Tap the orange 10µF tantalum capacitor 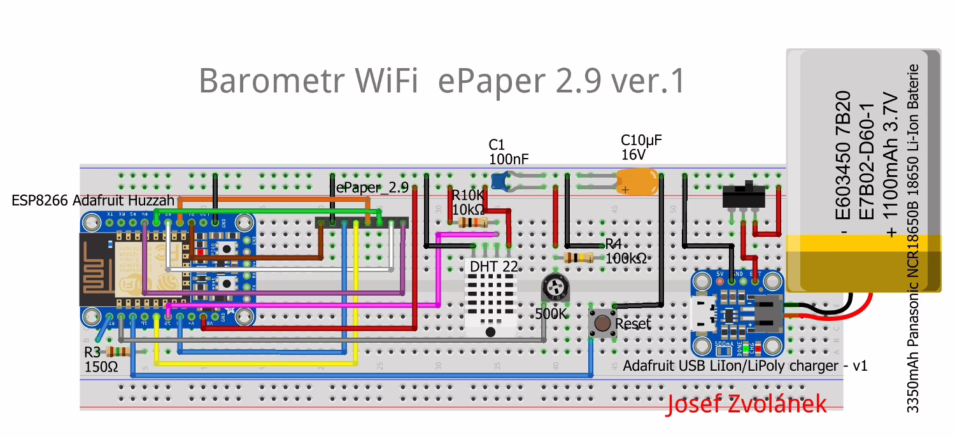637,181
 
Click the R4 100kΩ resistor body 579,257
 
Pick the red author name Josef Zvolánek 747,404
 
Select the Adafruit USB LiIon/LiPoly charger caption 745,366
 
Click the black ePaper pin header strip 362,222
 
